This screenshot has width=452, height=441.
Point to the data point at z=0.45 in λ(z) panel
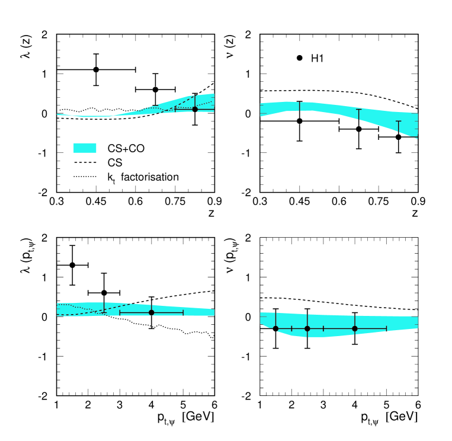[x=96, y=69]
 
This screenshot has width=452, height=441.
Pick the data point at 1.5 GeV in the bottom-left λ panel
[x=72, y=265]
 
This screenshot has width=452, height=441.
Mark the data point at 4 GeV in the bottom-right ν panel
[x=355, y=328]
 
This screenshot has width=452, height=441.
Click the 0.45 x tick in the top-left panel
[x=96, y=202]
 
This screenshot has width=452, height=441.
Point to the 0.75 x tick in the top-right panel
[x=379, y=202]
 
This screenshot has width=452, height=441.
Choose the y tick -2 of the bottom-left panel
[x=46, y=396]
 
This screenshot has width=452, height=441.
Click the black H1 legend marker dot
[x=300, y=58]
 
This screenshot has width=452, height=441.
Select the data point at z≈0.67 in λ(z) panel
[x=155, y=90]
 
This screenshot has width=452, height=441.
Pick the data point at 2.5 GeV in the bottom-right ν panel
[x=307, y=328]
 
